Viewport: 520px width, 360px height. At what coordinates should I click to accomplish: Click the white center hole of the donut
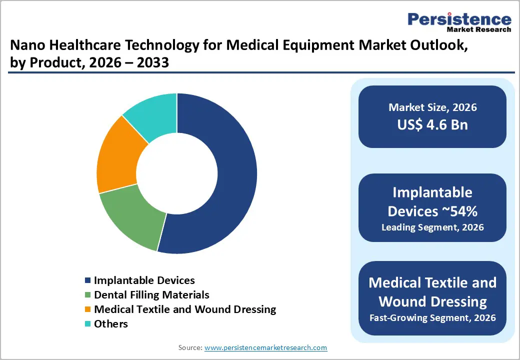[x=176, y=173]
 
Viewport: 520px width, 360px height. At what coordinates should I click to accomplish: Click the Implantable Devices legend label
[x=144, y=280]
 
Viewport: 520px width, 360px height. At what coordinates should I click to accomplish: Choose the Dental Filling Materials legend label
[x=151, y=295]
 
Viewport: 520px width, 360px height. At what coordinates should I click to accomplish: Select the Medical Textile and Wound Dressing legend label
[x=184, y=309]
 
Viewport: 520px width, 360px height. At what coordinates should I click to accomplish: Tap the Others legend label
[x=110, y=324]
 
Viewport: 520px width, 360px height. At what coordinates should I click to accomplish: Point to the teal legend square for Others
[x=88, y=324]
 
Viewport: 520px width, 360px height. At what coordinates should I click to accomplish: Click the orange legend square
[x=88, y=310]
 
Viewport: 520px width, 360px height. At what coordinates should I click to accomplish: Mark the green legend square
[x=88, y=295]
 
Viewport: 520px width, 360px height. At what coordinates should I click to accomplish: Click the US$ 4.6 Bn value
[x=432, y=124]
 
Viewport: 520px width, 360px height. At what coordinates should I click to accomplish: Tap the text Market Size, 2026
[x=432, y=107]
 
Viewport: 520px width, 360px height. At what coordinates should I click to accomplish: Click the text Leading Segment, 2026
[x=432, y=227]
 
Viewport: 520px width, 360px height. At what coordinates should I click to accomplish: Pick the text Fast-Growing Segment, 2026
[x=432, y=317]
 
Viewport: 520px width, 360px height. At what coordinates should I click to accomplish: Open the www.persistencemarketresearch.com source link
[x=266, y=347]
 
